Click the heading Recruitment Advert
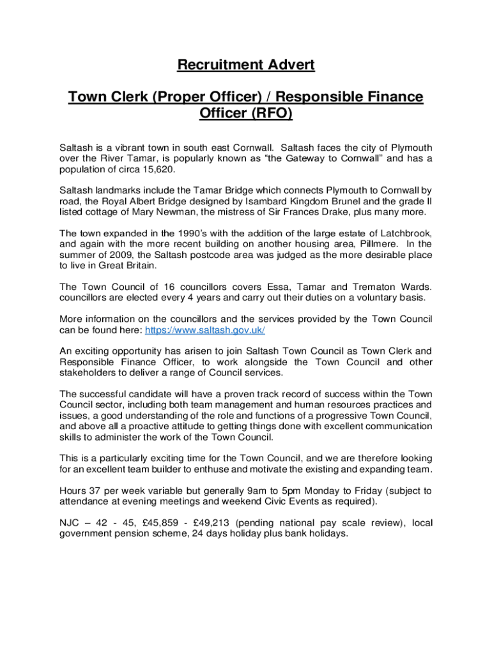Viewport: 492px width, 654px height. point(246,65)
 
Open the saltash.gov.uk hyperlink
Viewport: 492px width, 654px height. point(204,330)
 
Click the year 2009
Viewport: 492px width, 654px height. point(114,255)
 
